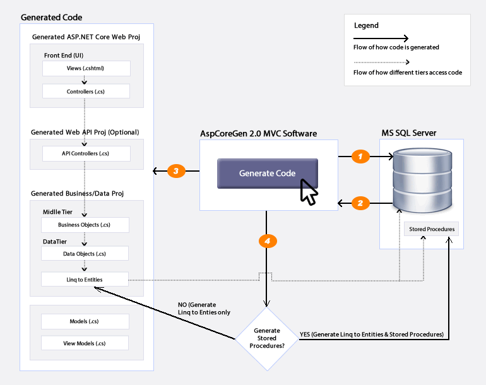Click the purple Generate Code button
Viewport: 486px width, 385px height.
click(268, 174)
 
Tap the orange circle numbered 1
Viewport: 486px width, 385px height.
click(360, 157)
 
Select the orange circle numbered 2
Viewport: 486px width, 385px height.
click(360, 203)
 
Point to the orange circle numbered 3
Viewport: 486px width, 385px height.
click(176, 171)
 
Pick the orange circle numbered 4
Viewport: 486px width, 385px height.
click(268, 241)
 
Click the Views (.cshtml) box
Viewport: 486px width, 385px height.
click(86, 68)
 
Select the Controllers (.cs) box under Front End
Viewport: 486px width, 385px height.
click(86, 92)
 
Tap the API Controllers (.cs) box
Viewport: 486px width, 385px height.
click(86, 153)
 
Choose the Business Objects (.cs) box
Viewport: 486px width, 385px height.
click(85, 225)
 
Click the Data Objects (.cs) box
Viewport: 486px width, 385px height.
click(85, 254)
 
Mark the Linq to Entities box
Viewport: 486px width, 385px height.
click(85, 280)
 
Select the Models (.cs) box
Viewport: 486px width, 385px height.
click(85, 321)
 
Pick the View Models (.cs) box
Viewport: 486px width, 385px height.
click(85, 343)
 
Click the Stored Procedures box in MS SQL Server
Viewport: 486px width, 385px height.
click(432, 229)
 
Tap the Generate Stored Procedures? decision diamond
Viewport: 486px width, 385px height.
click(267, 338)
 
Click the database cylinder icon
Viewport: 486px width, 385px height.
click(422, 181)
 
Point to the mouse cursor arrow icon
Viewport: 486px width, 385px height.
click(309, 192)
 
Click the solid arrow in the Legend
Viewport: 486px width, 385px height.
click(381, 38)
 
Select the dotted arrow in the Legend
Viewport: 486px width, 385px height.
click(382, 62)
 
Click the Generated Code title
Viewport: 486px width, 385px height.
click(52, 18)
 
